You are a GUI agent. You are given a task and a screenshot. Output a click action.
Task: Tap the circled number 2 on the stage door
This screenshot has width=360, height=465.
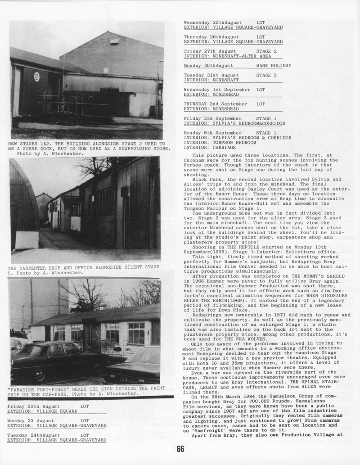37,77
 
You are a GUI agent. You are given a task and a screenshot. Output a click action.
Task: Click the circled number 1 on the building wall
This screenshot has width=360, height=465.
105,70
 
